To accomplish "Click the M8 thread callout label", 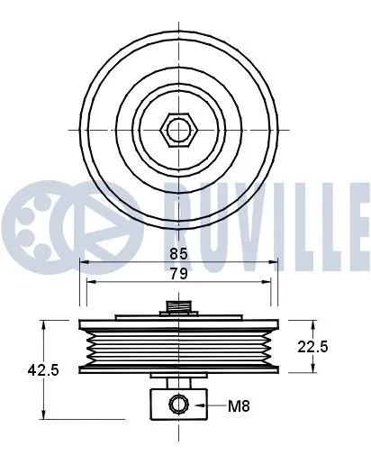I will click(238, 406).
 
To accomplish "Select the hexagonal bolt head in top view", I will click(179, 130).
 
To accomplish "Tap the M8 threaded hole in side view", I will click(179, 405).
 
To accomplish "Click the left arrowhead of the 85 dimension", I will click(83, 262).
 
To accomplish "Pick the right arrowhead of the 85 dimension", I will click(276, 262).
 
